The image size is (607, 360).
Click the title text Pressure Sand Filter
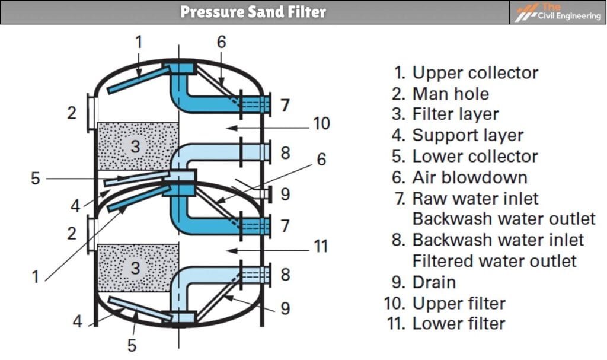pos(253,12)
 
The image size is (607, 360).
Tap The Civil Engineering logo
pos(558,12)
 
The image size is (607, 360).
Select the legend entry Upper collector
pos(467,73)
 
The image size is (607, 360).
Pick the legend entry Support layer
pos(458,135)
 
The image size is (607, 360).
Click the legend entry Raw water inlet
pos(467,198)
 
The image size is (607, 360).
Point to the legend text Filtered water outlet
pos(494,261)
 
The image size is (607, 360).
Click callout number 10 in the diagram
pos(320,124)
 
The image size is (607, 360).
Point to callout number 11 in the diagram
pos(320,246)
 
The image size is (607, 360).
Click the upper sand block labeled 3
pos(137,146)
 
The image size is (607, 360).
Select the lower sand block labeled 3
pos(137,268)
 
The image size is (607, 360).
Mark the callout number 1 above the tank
pos(139,42)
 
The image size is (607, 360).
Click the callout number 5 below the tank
pos(132,345)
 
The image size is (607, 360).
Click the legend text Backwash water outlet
pos(504,219)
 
